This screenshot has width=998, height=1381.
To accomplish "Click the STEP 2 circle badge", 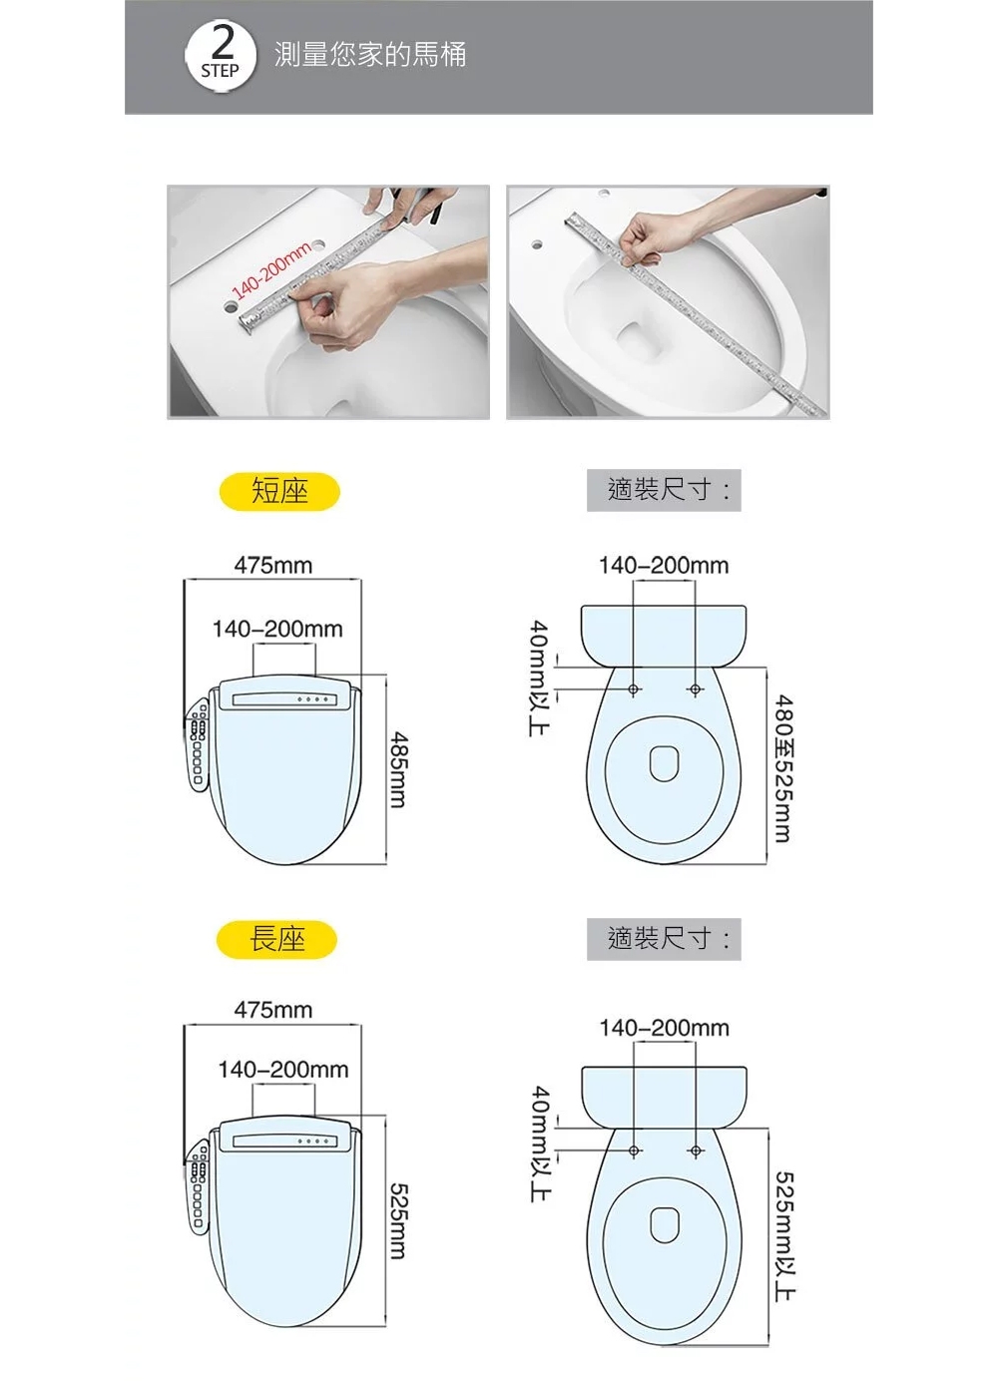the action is [221, 57].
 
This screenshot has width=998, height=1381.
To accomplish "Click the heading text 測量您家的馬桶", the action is [370, 54].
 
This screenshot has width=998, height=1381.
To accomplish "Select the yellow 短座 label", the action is [279, 491].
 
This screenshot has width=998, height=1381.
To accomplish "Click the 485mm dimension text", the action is [398, 769].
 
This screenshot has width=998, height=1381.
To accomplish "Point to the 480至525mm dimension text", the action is [783, 768].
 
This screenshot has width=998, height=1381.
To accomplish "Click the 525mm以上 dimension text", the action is [784, 1236].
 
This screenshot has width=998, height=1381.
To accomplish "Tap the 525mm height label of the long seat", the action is [398, 1220].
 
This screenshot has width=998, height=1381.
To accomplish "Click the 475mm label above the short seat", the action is [273, 565].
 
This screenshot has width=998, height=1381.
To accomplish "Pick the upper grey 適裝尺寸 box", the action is [664, 490].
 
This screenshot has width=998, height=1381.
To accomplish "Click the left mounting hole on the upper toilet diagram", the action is [633, 689].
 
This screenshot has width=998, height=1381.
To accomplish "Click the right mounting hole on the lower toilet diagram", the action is [696, 1151].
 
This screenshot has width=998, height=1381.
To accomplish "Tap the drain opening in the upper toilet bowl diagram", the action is [665, 763].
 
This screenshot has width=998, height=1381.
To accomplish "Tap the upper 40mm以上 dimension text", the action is [540, 678].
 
